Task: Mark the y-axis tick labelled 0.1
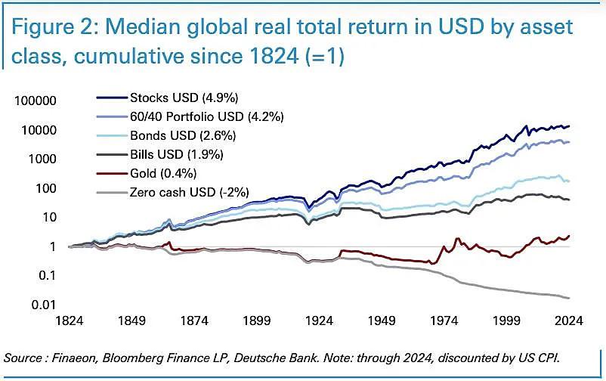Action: (x=48, y=275)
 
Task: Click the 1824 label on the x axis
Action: (x=70, y=321)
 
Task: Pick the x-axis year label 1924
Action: (x=320, y=321)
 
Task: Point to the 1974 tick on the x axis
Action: (x=446, y=321)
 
